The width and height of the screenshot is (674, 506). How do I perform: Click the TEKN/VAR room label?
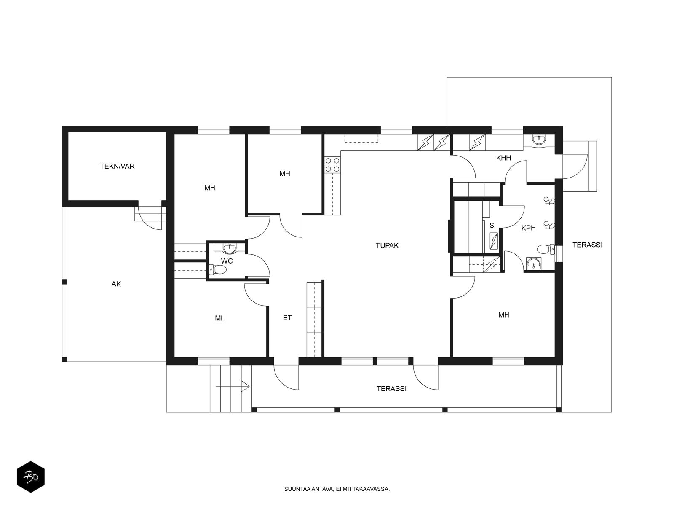click(117, 166)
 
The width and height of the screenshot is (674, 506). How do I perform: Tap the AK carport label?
click(116, 284)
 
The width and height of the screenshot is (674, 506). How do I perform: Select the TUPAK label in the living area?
click(387, 245)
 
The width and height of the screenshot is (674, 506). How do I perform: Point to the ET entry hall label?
click(287, 318)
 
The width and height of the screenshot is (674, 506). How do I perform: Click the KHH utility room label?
click(503, 158)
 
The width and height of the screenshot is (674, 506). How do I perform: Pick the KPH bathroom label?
click(528, 228)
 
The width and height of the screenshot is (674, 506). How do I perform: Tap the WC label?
click(227, 261)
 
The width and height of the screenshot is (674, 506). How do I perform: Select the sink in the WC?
click(230, 248)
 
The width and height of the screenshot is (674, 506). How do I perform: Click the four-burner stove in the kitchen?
click(332, 165)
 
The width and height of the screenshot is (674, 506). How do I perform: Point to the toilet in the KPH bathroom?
click(546, 249)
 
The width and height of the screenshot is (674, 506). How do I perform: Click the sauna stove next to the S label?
click(494, 240)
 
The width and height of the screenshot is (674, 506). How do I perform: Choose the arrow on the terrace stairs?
click(233, 386)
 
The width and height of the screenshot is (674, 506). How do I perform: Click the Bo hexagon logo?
click(31, 477)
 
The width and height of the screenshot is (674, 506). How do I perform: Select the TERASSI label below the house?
click(391, 389)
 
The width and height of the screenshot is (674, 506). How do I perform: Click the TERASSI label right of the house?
click(587, 245)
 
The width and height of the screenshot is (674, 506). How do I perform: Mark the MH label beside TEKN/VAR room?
click(209, 188)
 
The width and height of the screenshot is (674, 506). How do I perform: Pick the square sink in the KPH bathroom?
click(534, 263)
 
